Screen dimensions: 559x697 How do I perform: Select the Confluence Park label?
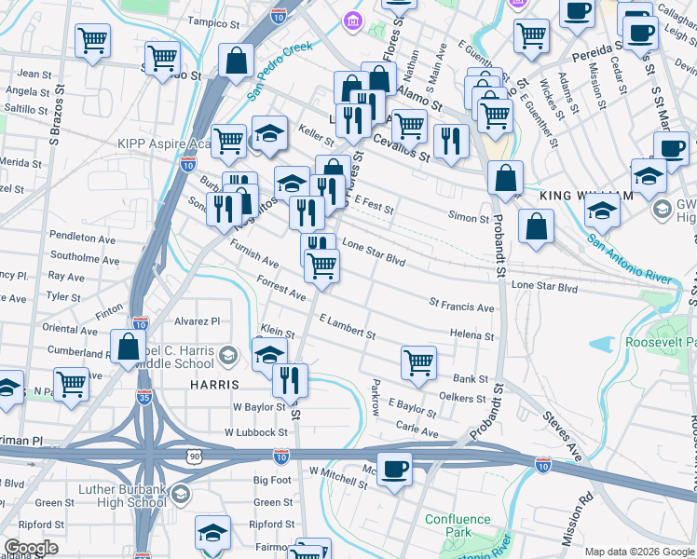coord(457,525)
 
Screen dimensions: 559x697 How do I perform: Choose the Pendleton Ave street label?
coord(82,239)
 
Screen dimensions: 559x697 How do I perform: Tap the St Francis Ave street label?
coord(461,306)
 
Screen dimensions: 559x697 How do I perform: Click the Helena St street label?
coord(471,334)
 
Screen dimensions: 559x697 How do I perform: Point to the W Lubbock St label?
coord(255,432)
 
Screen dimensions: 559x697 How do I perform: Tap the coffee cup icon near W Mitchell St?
coord(395,469)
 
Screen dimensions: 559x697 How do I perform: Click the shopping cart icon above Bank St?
coord(418,362)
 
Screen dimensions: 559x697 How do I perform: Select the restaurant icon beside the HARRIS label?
coord(290,377)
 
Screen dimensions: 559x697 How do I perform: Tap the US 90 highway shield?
coord(193,456)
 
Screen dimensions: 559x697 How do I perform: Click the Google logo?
coord(32,548)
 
